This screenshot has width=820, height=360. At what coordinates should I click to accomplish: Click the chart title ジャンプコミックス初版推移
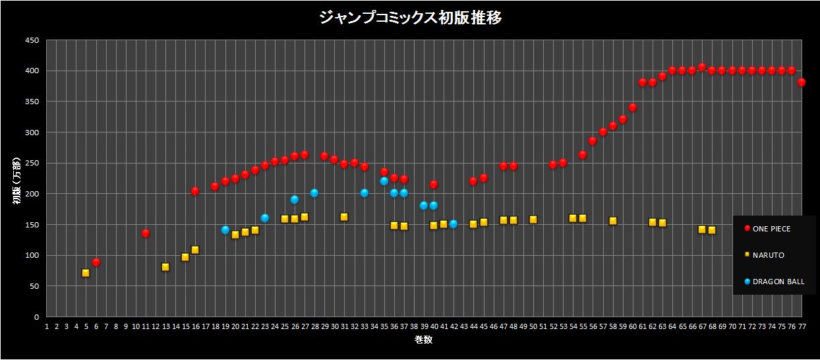point(410,18)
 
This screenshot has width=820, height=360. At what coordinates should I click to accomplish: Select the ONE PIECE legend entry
point(771,229)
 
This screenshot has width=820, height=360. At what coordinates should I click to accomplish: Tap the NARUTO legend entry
point(765,255)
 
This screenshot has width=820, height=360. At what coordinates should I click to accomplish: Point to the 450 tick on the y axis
point(32,40)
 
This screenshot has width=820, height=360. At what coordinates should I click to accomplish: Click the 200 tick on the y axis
point(32,194)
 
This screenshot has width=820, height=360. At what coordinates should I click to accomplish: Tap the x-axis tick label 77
point(802,326)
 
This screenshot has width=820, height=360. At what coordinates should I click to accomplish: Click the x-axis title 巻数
point(423,340)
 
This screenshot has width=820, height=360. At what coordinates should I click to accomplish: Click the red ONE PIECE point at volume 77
point(802,82)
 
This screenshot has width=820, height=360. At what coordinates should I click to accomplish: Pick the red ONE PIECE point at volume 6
point(96,262)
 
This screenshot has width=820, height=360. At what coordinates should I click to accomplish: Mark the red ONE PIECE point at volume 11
point(146,233)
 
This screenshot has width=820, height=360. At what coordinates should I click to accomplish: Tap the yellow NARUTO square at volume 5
point(86,273)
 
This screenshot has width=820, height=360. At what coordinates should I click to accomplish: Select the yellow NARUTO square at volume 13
point(165,267)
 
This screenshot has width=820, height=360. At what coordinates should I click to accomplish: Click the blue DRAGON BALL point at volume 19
point(225,230)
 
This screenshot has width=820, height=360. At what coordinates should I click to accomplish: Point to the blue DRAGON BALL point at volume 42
point(454,224)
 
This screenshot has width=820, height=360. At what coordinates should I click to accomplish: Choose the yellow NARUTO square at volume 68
point(712,230)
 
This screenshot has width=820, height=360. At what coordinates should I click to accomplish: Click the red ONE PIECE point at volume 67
point(702,67)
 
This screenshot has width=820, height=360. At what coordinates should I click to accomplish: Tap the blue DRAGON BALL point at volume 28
point(314,193)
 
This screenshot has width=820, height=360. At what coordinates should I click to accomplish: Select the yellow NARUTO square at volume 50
point(533,220)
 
